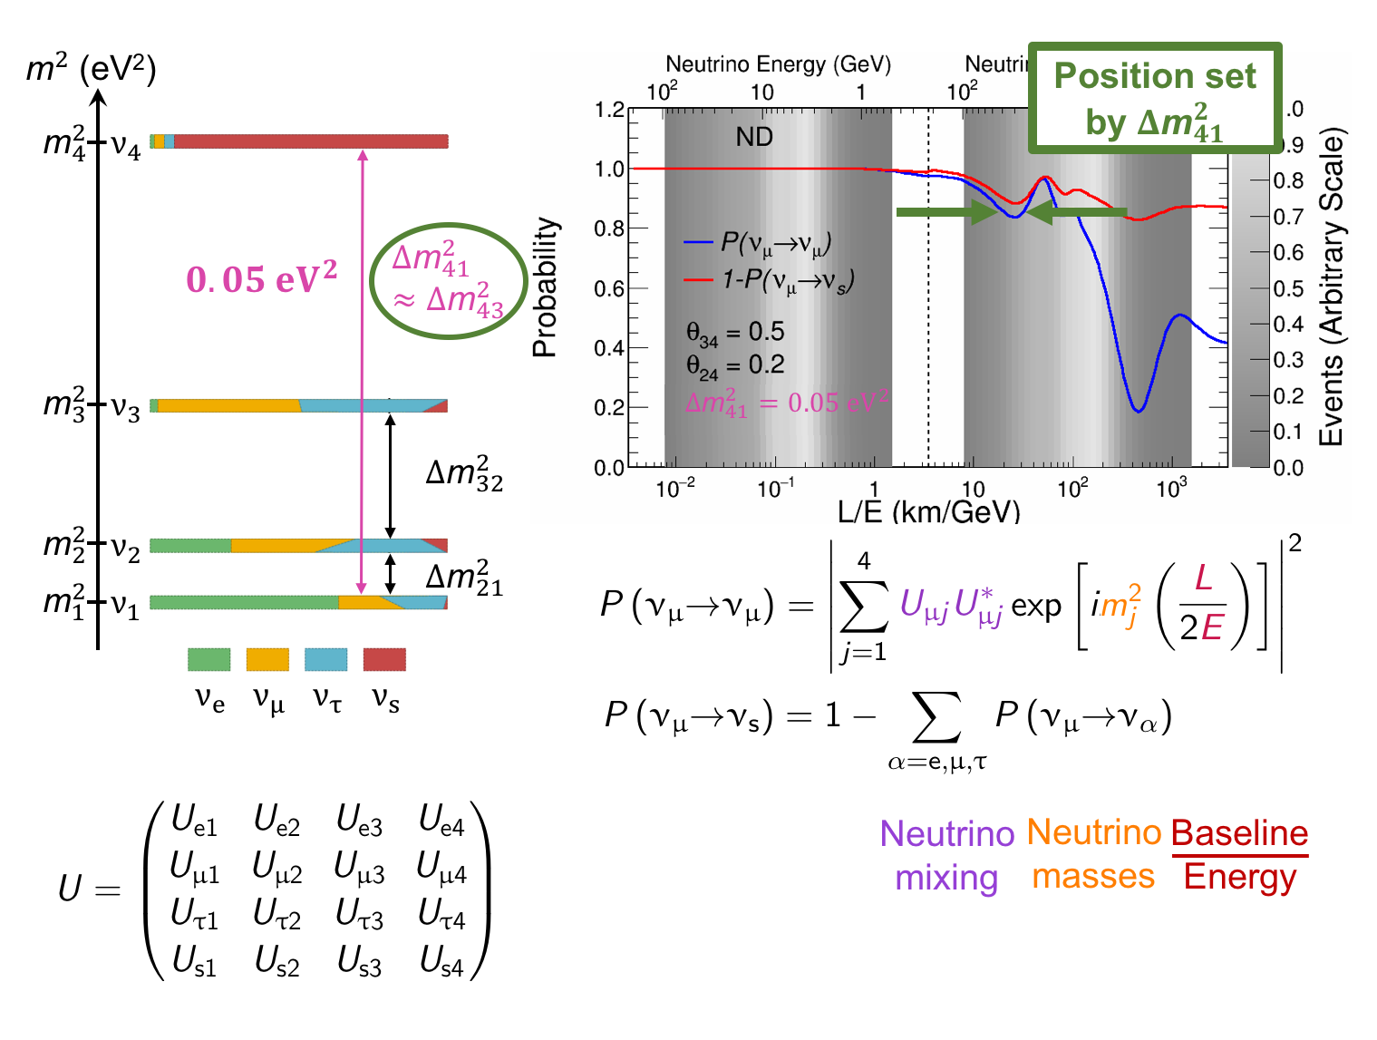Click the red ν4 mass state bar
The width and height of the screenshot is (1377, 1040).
308,141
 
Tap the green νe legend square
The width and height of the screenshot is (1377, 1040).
209,659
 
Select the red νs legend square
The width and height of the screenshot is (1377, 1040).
384,659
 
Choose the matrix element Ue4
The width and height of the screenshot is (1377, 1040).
441,821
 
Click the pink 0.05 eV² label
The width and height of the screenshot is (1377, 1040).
261,278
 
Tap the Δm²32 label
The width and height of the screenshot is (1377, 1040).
464,474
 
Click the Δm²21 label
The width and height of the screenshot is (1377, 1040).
464,578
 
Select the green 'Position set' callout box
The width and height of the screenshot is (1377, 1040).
1155,98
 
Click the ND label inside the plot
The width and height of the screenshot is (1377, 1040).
753,137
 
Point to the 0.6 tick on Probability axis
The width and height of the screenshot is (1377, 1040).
609,288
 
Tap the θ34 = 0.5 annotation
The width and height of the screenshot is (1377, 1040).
735,333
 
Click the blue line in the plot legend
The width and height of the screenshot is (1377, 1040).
698,243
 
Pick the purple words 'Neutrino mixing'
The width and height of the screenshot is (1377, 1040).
946,855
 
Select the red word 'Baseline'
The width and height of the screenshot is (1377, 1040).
1239,833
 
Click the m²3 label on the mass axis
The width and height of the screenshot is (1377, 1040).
63,404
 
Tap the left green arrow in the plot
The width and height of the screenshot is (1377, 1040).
944,212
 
